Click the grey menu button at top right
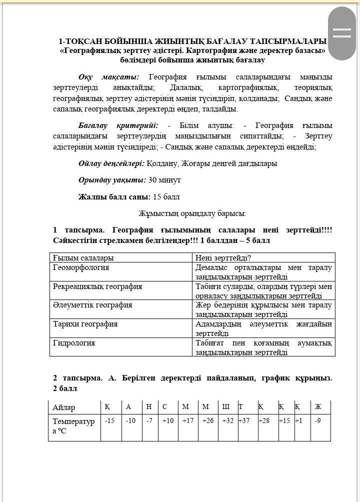[342, 33]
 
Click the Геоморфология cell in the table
[81, 267]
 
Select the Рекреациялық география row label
[97, 286]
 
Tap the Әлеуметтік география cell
[92, 305]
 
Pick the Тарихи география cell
[85, 324]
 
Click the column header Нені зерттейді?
[223, 258]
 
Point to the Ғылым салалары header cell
[83, 258]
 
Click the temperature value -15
[109, 421]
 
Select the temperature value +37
[244, 421]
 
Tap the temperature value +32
[228, 421]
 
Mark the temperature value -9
[318, 421]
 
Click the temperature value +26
[207, 421]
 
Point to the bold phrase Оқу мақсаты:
[108, 77]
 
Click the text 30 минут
[164, 180]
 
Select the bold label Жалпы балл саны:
[114, 197]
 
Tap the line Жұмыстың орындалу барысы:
[192, 213]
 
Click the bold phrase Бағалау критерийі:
[118, 125]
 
